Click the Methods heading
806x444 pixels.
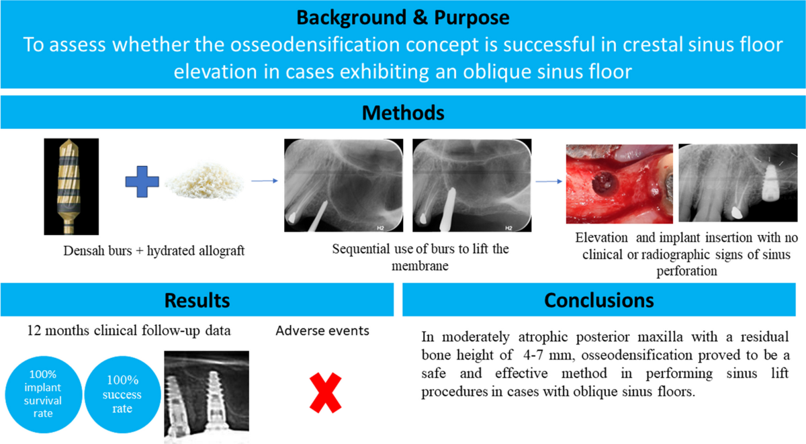(x=403, y=112)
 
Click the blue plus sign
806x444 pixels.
(x=142, y=181)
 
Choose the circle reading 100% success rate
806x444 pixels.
(x=122, y=392)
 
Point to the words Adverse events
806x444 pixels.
(x=322, y=330)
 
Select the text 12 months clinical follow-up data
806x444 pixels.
(x=130, y=330)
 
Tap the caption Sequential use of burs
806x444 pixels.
(x=420, y=249)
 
